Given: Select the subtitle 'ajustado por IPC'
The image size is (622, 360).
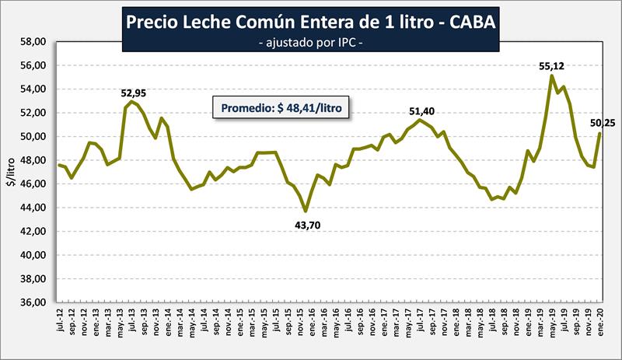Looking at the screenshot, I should click(x=310, y=44).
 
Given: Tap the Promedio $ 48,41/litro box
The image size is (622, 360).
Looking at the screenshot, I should click(x=281, y=107).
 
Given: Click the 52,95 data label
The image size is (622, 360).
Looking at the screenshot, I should click(x=133, y=93).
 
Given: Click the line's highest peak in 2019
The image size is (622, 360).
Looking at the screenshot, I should click(x=551, y=75).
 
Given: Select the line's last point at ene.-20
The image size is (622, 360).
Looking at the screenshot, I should click(x=599, y=133).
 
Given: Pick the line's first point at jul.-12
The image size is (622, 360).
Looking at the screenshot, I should click(x=59, y=165).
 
